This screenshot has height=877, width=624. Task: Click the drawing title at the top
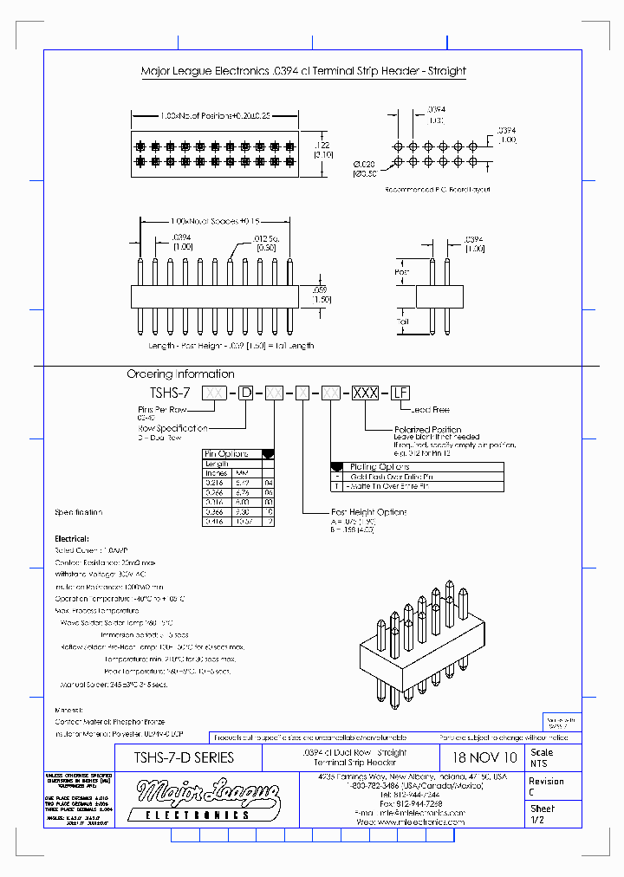pos(302,71)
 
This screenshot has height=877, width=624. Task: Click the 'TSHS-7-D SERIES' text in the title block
pos(184,757)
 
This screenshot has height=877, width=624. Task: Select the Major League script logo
pos(196,792)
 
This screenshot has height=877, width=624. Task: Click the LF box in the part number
pos(399,393)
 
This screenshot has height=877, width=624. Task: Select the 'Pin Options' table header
pos(226,453)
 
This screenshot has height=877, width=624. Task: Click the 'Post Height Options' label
pos(368,512)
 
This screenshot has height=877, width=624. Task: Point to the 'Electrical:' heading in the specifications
pos(72,538)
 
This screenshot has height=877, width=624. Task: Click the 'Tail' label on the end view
pos(402,322)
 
